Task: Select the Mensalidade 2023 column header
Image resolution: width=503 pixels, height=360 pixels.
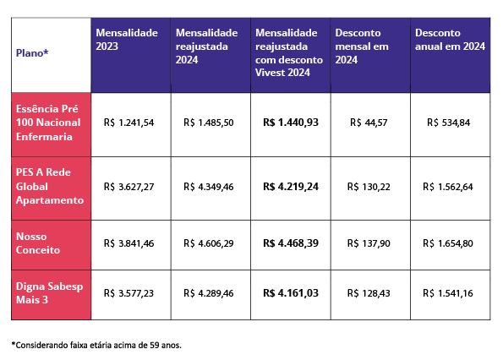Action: pyautogui.click(x=127, y=40)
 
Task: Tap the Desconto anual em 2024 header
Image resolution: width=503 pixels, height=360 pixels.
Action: pyautogui.click(x=450, y=40)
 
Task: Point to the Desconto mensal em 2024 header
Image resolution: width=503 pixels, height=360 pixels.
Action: pyautogui.click(x=362, y=46)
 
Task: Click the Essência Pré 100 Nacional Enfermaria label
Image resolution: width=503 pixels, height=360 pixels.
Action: pyautogui.click(x=48, y=123)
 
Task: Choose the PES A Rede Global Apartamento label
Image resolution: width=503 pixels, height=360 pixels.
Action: pyautogui.click(x=50, y=186)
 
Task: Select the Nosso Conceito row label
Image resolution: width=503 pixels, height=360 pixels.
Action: pyautogui.click(x=38, y=243)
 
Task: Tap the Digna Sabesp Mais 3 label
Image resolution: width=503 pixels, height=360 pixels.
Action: pyautogui.click(x=49, y=293)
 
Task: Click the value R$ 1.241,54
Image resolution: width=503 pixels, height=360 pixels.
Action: pyautogui.click(x=128, y=123)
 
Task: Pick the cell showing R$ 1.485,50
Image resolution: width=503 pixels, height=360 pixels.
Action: pyautogui.click(x=209, y=123)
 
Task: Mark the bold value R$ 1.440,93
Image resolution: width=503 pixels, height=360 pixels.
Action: pyautogui.click(x=291, y=123)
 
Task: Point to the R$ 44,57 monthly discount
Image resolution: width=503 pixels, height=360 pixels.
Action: pyautogui.click(x=369, y=123)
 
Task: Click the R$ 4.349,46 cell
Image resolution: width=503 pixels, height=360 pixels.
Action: pyautogui.click(x=209, y=187)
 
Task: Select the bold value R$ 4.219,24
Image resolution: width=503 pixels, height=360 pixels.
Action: pyautogui.click(x=291, y=186)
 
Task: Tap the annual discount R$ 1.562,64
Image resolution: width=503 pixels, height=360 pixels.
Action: pyautogui.click(x=448, y=187)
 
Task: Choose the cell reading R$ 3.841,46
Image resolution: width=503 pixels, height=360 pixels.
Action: pyautogui.click(x=128, y=243)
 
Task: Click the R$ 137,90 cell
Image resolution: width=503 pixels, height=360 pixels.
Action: pyautogui.click(x=369, y=243)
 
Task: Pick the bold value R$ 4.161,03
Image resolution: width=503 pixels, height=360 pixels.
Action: pyautogui.click(x=291, y=292)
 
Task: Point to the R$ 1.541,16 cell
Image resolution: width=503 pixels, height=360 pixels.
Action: pyautogui.click(x=448, y=293)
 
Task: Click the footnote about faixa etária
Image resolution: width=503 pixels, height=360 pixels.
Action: pyautogui.click(x=96, y=345)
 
